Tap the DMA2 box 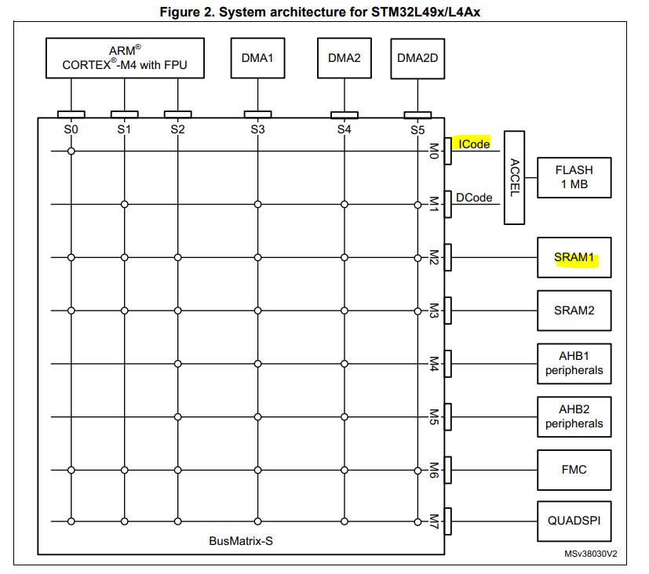coord(343,58)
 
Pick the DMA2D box coord(417,58)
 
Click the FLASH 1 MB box coord(574,177)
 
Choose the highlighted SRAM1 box coord(574,257)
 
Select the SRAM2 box coord(574,311)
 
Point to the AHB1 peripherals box coord(574,363)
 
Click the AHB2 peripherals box coord(574,416)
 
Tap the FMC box coord(574,470)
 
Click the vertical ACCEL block coord(515,177)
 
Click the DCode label coord(474,198)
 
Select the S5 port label coord(417,130)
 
